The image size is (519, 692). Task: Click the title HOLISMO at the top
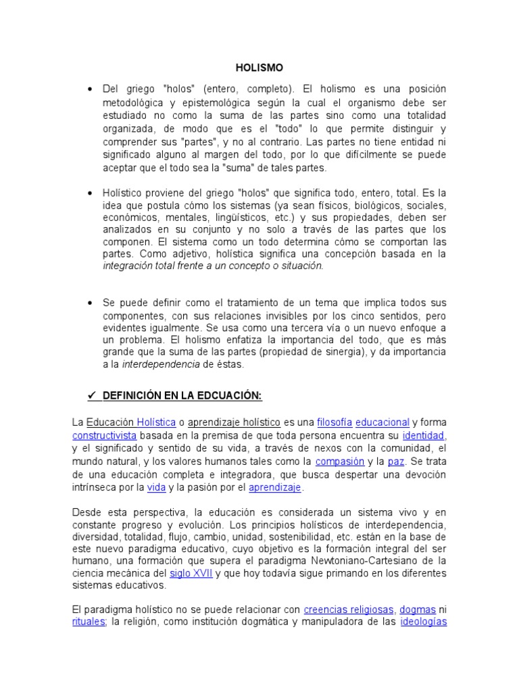tap(259, 68)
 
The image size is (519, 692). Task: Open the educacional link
tap(382, 422)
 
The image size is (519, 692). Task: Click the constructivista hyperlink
tap(104, 435)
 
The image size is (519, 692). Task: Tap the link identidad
tap(423, 435)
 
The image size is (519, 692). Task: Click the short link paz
tap(395, 461)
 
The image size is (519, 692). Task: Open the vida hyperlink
tap(156, 487)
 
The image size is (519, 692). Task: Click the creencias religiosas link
tap(349, 609)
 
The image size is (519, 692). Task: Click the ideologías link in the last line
tap(423, 622)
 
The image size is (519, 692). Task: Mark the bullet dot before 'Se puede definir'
tap(90, 302)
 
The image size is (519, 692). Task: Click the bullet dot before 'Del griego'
tap(90, 90)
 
